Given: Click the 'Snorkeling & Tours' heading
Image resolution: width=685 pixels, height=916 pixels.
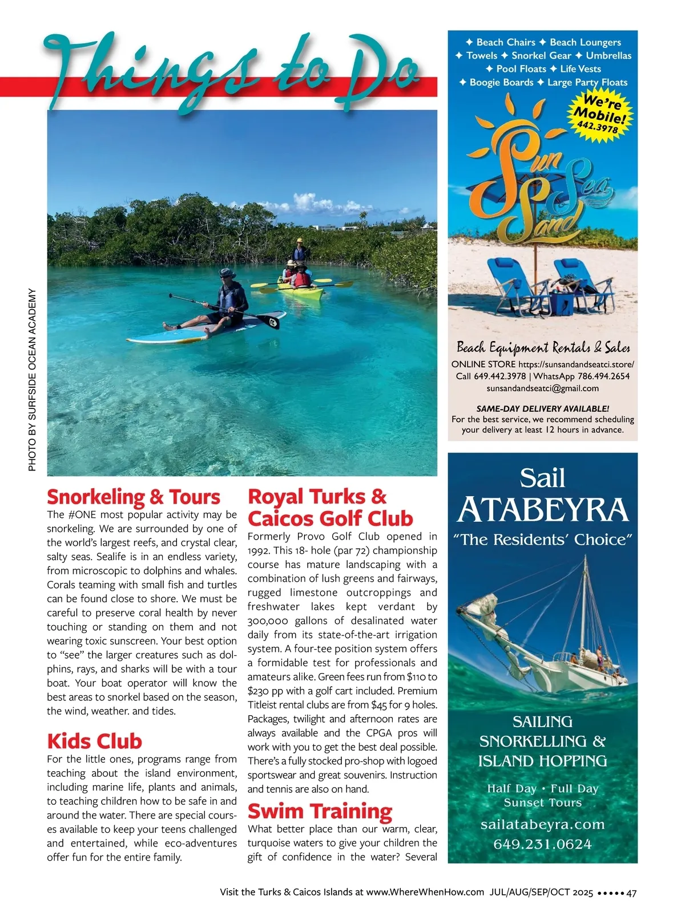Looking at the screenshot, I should [133, 497].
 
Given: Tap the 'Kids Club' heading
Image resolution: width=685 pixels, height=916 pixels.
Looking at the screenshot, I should [94, 741].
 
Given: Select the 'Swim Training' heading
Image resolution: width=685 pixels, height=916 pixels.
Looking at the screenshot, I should [320, 810].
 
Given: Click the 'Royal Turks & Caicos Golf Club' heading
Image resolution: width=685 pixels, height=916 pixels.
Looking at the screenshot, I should [330, 507].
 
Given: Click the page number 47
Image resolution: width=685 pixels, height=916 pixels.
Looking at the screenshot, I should [631, 893].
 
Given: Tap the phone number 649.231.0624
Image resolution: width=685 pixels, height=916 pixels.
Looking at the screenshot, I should [542, 844].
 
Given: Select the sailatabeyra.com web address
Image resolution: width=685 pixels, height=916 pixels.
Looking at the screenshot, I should [542, 825].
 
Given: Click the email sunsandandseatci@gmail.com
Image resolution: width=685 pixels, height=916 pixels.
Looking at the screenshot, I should [542, 388].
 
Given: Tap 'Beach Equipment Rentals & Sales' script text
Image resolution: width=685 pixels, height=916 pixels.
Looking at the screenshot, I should [543, 347].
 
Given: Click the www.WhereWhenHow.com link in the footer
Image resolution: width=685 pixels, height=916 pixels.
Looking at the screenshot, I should [425, 893].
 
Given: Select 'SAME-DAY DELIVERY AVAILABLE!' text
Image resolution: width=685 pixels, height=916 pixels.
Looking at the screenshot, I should [542, 408].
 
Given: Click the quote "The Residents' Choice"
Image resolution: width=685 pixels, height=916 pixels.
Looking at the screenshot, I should [542, 540].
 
